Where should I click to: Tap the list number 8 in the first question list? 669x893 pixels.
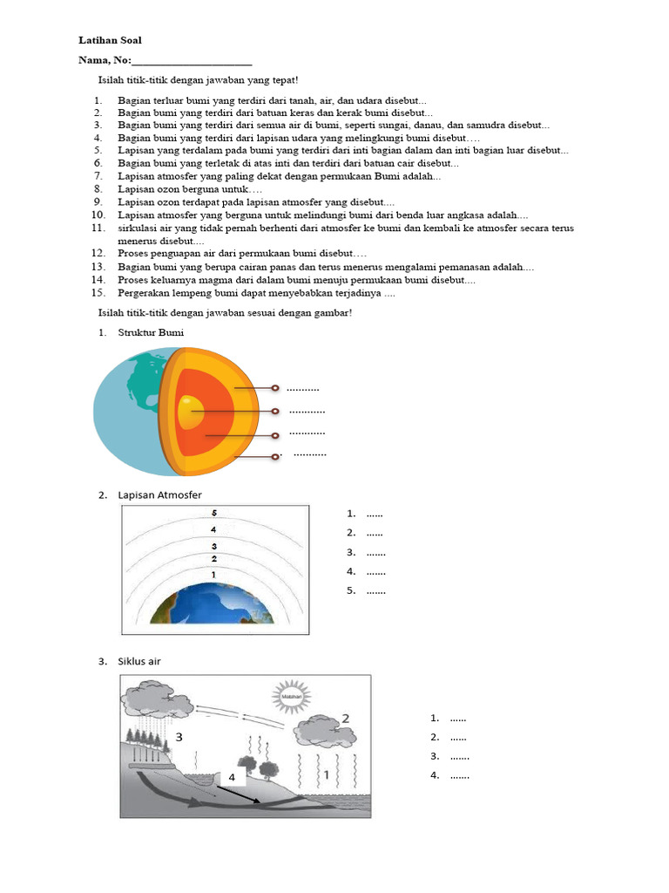[x=99, y=188]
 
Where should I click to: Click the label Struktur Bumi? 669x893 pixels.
[x=151, y=332]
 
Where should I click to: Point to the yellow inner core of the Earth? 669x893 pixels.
[x=190, y=411]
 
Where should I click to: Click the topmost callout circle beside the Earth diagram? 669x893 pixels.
[x=274, y=388]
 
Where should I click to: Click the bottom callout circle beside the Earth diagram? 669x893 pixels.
[x=274, y=455]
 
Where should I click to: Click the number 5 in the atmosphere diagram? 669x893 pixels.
[x=213, y=514]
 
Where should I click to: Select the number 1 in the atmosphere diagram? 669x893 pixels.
[x=213, y=575]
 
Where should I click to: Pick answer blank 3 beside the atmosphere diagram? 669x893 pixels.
[x=375, y=552]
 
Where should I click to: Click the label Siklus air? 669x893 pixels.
[x=139, y=661]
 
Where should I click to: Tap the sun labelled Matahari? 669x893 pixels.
[x=288, y=698]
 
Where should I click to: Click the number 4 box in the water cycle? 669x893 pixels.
[x=233, y=776]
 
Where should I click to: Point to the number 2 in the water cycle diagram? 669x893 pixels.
[x=346, y=718]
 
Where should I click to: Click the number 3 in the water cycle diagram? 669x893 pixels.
[x=179, y=737]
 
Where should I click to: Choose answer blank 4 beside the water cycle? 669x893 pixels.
[x=459, y=775]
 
